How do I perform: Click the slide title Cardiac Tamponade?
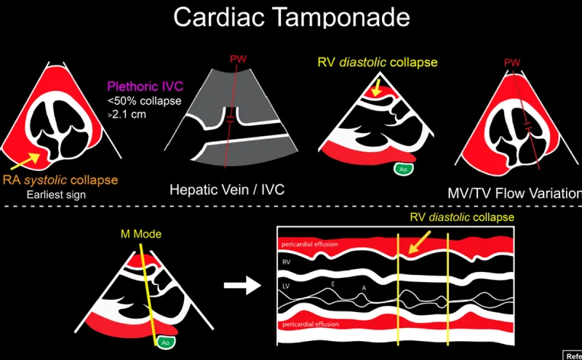[x=290, y=20]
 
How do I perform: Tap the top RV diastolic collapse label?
[x=377, y=63]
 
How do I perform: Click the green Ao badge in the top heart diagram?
[x=402, y=169]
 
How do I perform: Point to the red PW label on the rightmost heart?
[x=514, y=64]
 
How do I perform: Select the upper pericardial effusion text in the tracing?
[x=311, y=244]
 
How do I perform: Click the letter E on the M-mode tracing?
[x=334, y=284]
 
